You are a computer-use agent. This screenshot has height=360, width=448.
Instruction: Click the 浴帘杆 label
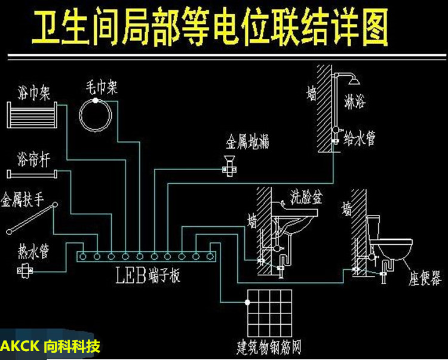(x=33, y=159)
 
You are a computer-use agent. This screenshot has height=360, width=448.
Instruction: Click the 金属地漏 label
(x=247, y=142)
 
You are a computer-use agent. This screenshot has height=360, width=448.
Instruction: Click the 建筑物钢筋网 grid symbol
(x=269, y=312)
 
